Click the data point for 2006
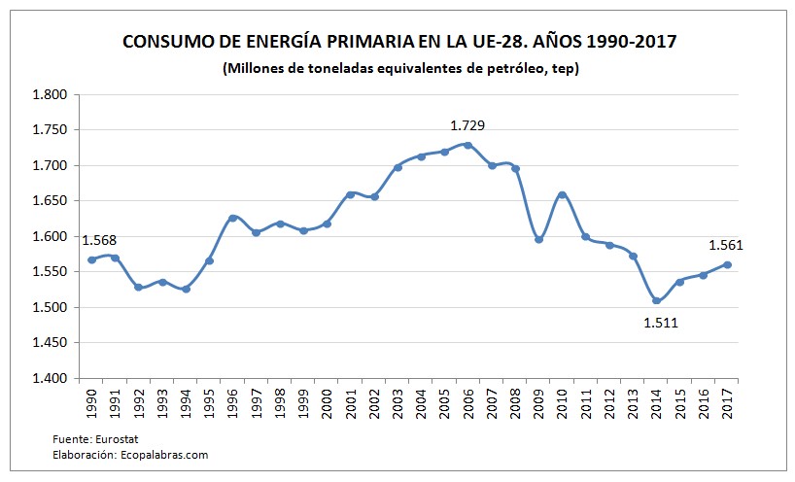point(468,145)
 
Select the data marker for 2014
point(656,300)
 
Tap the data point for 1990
point(91,259)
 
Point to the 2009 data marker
point(538,239)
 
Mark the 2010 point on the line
point(562,195)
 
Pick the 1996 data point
point(232,219)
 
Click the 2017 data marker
point(727,265)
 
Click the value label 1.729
point(467,125)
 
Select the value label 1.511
point(660,322)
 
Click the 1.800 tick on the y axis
point(50,95)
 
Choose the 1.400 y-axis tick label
point(50,378)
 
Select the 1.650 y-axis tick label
point(50,201)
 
